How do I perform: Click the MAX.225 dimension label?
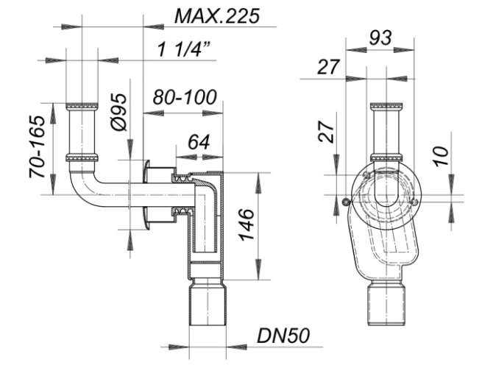point(217,16)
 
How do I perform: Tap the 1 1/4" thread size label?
point(184,49)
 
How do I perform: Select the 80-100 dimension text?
point(185,97)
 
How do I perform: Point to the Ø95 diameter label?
point(118,113)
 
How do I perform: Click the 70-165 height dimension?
point(37,147)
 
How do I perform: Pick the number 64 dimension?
point(199,142)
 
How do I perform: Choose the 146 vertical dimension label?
point(246,224)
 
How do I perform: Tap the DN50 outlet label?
point(283,336)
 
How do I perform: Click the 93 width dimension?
point(380,38)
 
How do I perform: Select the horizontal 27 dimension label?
point(329,67)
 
